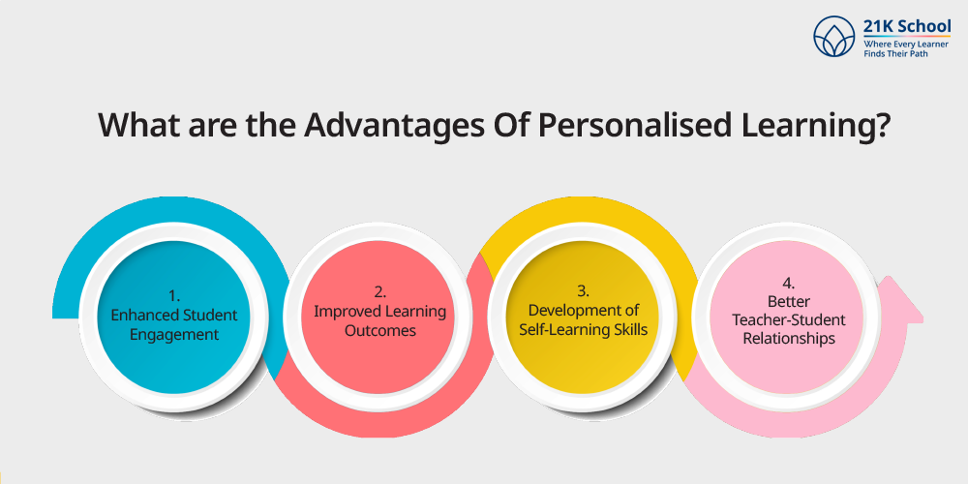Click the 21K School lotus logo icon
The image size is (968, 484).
pos(834,36)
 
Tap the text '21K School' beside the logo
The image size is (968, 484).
pos(908,27)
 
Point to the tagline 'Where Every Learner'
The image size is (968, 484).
pos(907,45)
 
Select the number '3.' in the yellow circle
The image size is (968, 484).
pos(584,289)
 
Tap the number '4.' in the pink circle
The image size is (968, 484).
pos(788,283)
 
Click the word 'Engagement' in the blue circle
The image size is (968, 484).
pos(174,335)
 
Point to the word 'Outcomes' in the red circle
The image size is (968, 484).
pos(380,331)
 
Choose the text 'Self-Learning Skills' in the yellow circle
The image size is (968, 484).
pos(584,330)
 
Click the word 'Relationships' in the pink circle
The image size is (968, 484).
pos(789,339)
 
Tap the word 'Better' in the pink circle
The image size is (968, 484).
pos(789,302)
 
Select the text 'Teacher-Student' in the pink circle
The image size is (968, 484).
pos(789,320)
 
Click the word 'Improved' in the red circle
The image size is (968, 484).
pos(343,312)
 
